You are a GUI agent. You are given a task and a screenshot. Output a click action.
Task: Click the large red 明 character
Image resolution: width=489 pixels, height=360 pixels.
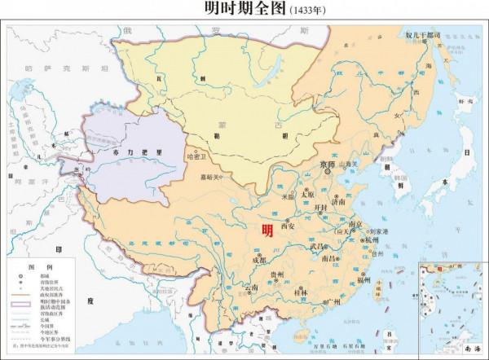tap(267, 230)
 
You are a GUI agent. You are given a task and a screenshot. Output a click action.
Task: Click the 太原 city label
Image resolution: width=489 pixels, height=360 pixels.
tap(307, 195)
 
